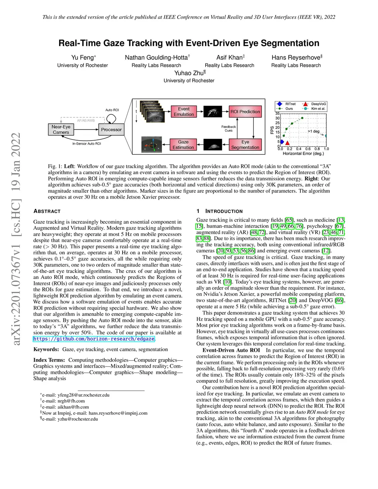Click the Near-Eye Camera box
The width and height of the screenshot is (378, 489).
[x=61, y=130]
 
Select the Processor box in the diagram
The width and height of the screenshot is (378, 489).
[x=111, y=130]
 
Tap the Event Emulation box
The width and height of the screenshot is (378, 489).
[x=183, y=112]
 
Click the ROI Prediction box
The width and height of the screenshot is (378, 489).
[x=245, y=111]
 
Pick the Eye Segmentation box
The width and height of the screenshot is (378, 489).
[x=245, y=145]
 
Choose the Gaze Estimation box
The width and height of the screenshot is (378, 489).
[x=183, y=145]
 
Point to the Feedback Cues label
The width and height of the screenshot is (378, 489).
[x=228, y=128]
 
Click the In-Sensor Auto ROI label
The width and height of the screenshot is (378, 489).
[x=86, y=144]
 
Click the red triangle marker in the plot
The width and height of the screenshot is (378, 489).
[x=287, y=143]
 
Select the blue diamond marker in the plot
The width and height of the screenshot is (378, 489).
[x=282, y=142]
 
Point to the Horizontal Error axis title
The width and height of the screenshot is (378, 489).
[x=303, y=154]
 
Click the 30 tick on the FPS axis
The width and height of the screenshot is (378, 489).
[x=278, y=118]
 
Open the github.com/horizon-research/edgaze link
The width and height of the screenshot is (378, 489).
[x=94, y=339]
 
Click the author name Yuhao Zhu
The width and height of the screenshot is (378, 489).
[x=189, y=73]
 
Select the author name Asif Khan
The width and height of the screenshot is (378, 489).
[x=229, y=58]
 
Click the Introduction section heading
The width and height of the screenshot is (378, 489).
[x=224, y=211]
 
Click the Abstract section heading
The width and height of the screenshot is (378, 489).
[x=47, y=211]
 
